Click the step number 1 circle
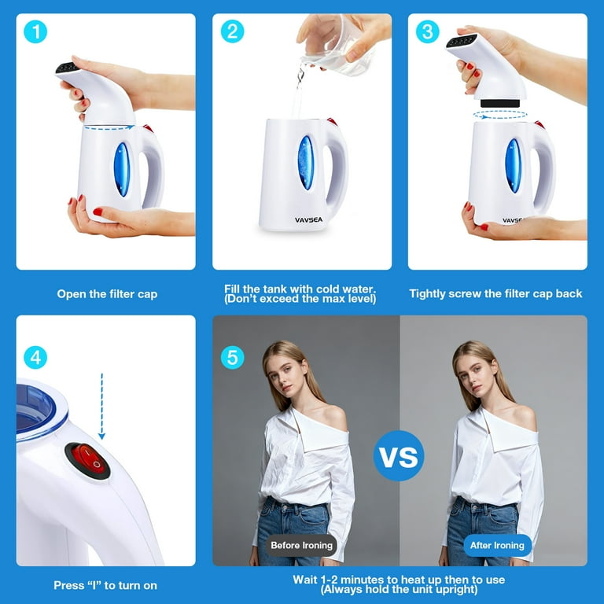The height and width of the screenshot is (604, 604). click(x=35, y=31)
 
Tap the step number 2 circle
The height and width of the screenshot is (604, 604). click(x=232, y=31)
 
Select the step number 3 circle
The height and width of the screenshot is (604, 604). click(x=428, y=31)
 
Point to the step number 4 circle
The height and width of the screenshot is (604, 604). click(x=35, y=358)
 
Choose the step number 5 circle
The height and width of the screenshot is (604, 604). click(x=232, y=358)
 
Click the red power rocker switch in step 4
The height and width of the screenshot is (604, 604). click(x=87, y=460)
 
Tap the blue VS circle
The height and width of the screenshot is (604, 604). click(x=399, y=456)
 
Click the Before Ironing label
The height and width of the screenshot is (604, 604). click(x=301, y=545)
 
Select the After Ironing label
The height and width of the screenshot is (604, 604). click(x=497, y=545)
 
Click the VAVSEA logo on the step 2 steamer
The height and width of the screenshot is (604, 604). click(x=308, y=220)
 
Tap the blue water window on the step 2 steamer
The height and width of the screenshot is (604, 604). click(x=306, y=163)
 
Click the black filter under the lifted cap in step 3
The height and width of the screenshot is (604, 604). click(x=499, y=103)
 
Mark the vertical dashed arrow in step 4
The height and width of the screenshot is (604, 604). click(x=101, y=406)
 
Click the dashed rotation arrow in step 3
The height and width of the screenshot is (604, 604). click(x=500, y=115)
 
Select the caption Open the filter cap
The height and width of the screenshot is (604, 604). click(x=107, y=294)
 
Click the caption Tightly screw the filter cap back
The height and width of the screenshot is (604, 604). click(x=495, y=294)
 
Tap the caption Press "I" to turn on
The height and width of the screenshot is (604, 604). click(x=105, y=585)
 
